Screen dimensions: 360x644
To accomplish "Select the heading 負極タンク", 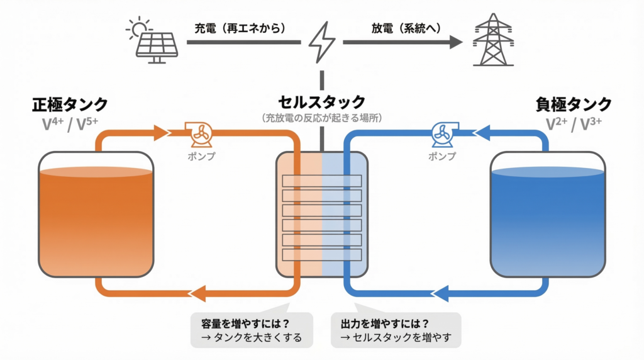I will coord(574,104).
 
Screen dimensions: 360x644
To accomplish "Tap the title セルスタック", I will coord(321,101).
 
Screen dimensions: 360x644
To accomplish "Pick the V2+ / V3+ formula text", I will coord(574,124).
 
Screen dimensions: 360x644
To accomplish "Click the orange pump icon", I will coord(199,133).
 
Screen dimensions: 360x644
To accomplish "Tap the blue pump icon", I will coord(445,133).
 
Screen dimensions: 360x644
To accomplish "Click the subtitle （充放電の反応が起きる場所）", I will coord(321,118).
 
